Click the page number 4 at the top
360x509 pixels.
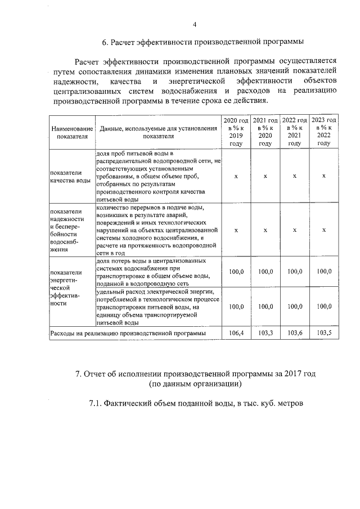[195, 24]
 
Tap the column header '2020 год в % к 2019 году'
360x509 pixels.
[236, 132]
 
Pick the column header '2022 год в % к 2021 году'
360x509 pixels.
[294, 132]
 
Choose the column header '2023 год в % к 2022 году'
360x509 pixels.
[324, 132]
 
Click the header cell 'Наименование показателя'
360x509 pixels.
[71, 132]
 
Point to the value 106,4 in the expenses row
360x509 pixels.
[236, 334]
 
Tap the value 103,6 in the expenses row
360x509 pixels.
[294, 334]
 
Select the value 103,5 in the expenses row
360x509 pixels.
[324, 334]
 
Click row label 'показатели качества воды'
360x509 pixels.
[70, 176]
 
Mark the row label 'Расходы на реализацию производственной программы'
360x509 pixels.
[128, 334]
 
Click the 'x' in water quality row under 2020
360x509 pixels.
[236, 176]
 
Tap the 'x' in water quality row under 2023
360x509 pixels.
[324, 176]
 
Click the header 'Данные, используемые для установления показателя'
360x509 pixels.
[159, 132]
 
